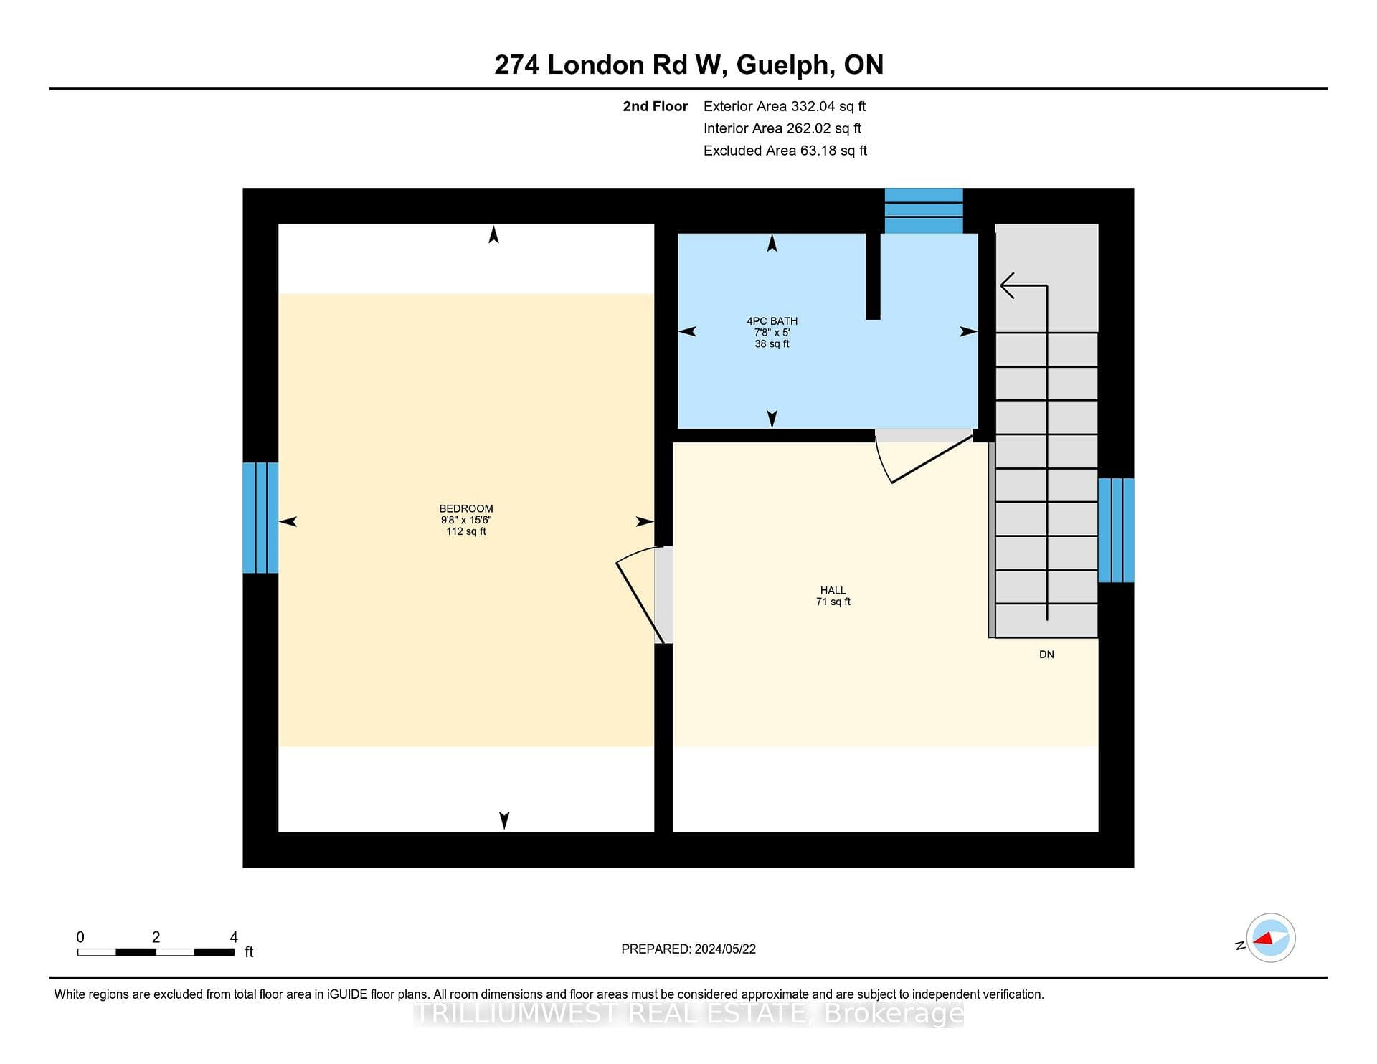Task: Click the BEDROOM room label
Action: tap(466, 508)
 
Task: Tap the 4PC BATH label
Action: tap(772, 321)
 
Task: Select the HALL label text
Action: tap(833, 590)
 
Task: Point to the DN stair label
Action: tap(1046, 655)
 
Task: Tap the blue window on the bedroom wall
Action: tap(260, 518)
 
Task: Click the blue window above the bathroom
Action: tap(924, 211)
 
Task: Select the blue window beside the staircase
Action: tap(1116, 530)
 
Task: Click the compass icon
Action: tap(1270, 938)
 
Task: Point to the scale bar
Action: tap(156, 952)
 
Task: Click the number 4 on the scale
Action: tap(234, 936)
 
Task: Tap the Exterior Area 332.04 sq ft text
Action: tap(785, 106)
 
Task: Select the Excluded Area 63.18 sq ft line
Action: tap(785, 151)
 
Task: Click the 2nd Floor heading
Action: tap(655, 106)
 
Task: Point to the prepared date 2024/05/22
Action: tap(725, 949)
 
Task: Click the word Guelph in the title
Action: tap(785, 66)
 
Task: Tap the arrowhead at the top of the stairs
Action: tap(1008, 285)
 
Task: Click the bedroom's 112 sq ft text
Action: tap(466, 531)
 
